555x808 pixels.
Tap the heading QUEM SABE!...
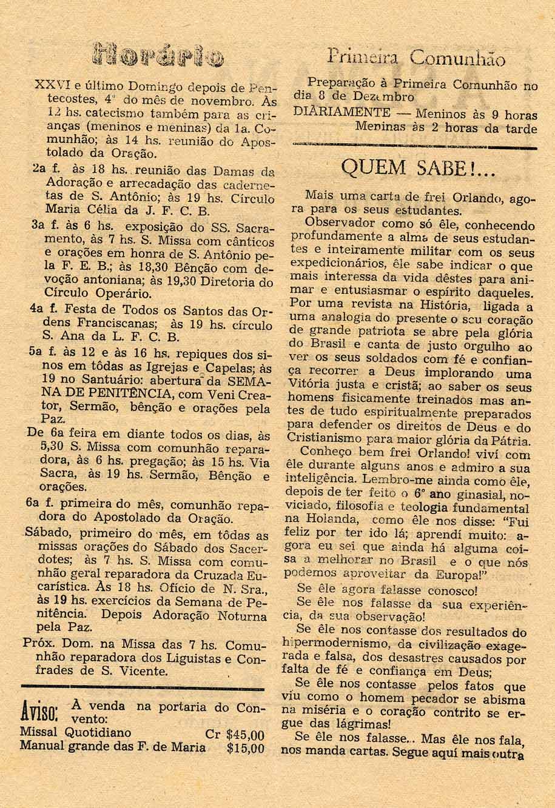coord(419,166)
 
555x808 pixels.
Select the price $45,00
coord(245,734)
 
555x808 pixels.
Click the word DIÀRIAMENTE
coord(341,112)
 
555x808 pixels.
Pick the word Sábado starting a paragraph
coord(46,536)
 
